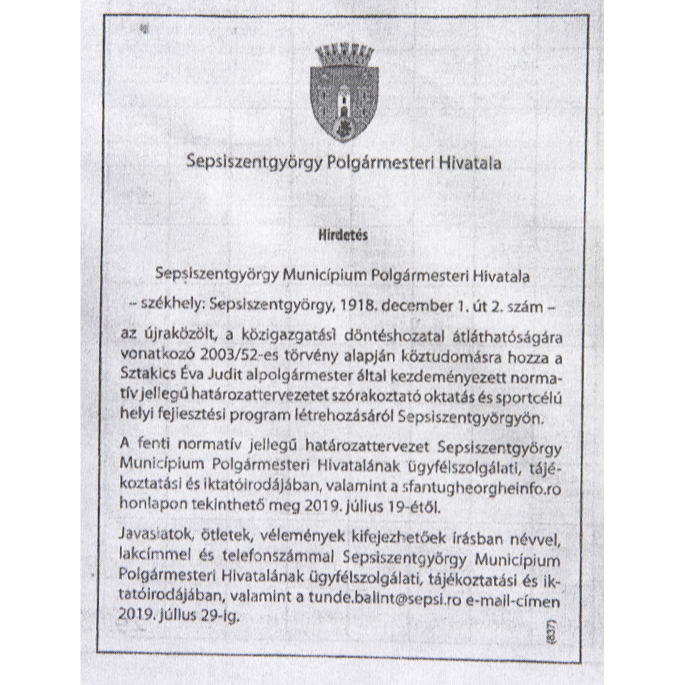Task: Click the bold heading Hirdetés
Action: click(x=343, y=234)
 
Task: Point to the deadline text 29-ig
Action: click(x=220, y=616)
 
